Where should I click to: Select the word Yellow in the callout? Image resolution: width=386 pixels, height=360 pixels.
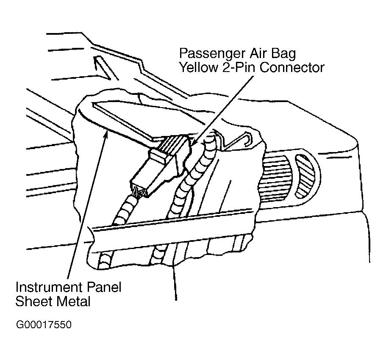198,67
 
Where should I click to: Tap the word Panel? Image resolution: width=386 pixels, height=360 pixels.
104,287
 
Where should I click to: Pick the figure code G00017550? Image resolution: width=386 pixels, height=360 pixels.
44,324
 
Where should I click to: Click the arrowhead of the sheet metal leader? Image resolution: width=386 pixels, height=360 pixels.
106,135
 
